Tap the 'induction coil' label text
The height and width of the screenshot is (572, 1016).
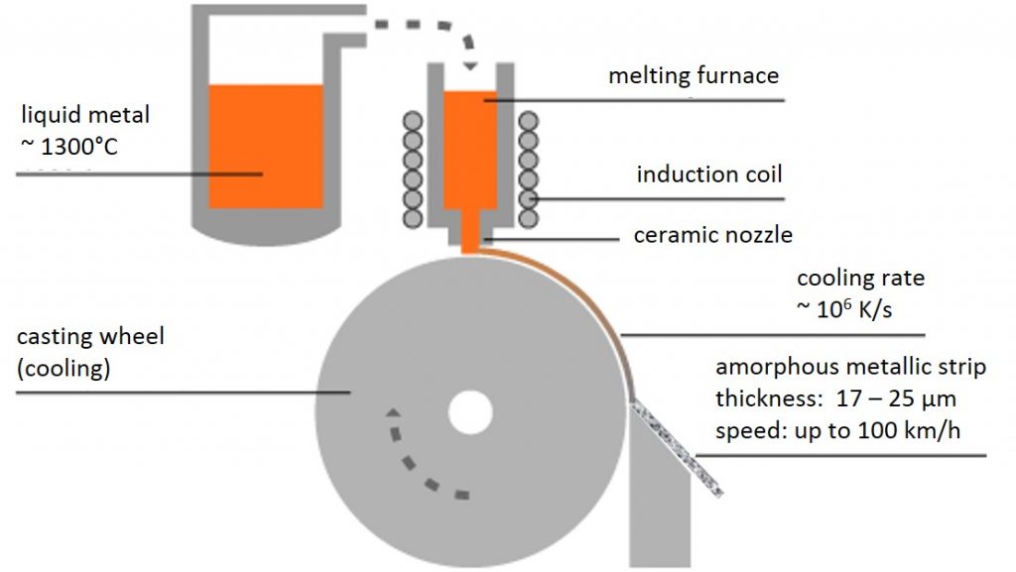(x=709, y=175)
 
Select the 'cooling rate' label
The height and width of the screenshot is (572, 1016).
(x=860, y=279)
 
